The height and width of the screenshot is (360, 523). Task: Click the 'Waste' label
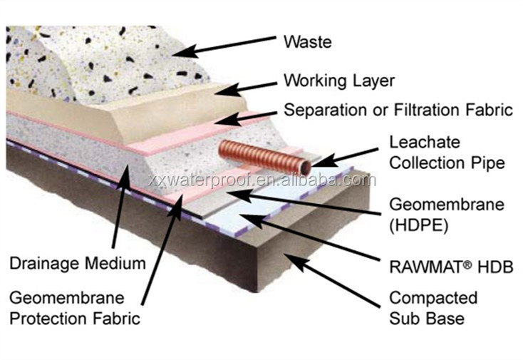pos(307,41)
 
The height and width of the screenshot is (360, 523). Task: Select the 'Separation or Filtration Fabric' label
pos(398,110)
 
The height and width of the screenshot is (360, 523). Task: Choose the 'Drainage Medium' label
pos(77,262)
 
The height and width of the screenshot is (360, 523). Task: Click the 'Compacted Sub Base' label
pos(433,306)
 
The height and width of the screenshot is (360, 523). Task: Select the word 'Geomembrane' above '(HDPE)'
pos(445,205)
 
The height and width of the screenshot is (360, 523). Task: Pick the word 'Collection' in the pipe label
pos(423,163)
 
